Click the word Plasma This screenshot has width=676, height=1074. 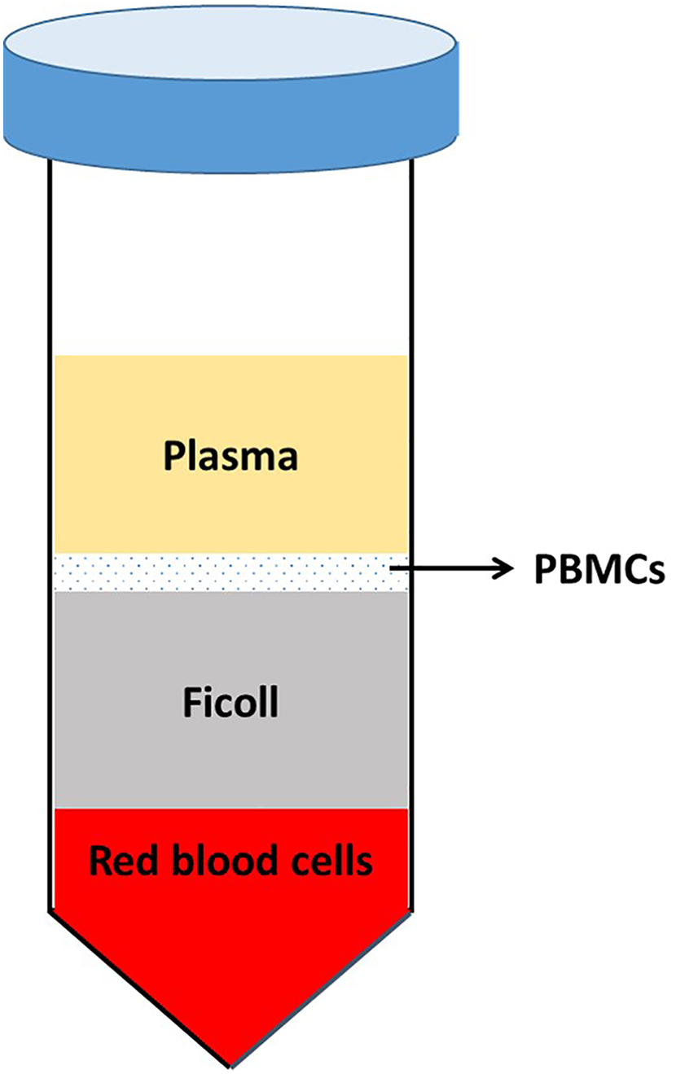pyautogui.click(x=230, y=457)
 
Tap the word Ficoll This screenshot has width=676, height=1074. pyautogui.click(x=229, y=702)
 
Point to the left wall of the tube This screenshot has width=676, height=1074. pyautogui.click(x=51, y=489)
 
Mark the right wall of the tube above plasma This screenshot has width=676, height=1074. pyautogui.click(x=410, y=261)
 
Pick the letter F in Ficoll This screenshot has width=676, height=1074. pyautogui.click(x=190, y=702)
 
